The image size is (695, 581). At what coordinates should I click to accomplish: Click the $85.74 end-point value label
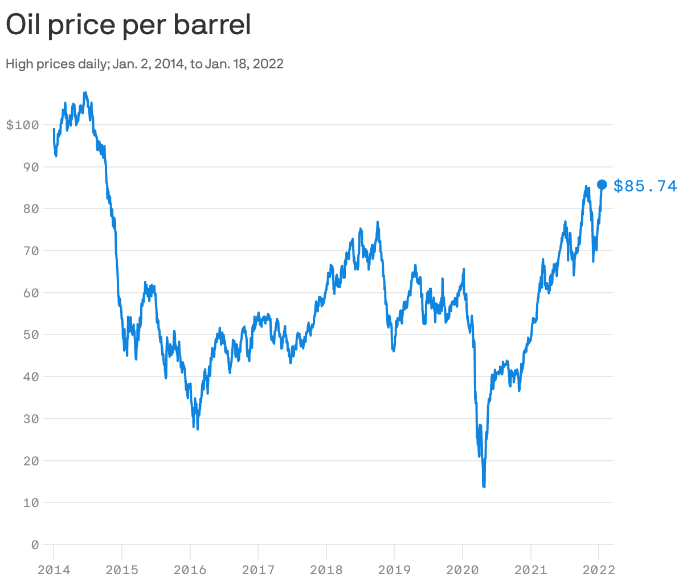tap(645, 186)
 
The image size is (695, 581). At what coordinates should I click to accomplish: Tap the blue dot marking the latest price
tap(602, 184)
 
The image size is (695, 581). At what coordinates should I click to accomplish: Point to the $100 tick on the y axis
tap(22, 125)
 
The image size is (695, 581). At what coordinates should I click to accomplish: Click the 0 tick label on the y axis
tap(35, 545)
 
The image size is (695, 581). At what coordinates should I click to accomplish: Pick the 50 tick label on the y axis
tap(31, 334)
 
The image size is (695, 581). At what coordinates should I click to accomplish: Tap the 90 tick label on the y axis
tap(31, 167)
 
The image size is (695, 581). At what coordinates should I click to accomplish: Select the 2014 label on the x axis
tap(54, 570)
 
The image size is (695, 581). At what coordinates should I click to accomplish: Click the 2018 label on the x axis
tap(326, 570)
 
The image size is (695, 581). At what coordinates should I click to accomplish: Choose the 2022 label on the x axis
tap(599, 570)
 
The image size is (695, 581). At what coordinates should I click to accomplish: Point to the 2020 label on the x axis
tap(463, 570)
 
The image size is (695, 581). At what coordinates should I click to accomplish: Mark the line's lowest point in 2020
tap(484, 486)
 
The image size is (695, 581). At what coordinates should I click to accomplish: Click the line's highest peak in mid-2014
tap(85, 92)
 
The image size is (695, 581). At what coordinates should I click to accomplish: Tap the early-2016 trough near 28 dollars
tap(197, 428)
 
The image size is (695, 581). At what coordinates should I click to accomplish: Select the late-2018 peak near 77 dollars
tap(378, 222)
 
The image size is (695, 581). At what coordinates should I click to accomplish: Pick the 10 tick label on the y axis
tap(31, 502)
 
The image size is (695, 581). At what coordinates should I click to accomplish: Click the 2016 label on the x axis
tap(190, 570)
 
